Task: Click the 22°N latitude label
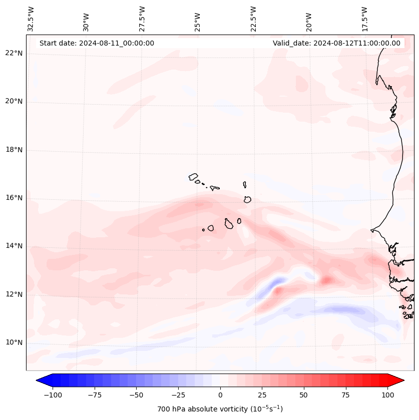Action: tap(14, 53)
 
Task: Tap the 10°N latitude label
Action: tap(14, 343)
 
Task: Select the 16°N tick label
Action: tap(14, 198)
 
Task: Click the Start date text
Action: tap(97, 43)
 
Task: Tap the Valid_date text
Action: tap(336, 43)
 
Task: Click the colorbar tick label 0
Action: tap(220, 395)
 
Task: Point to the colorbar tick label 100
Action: tap(387, 395)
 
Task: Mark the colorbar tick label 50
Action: tap(303, 395)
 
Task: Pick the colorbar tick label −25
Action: tap(178, 395)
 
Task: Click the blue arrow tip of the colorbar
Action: tap(41, 380)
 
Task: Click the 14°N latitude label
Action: tap(14, 246)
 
